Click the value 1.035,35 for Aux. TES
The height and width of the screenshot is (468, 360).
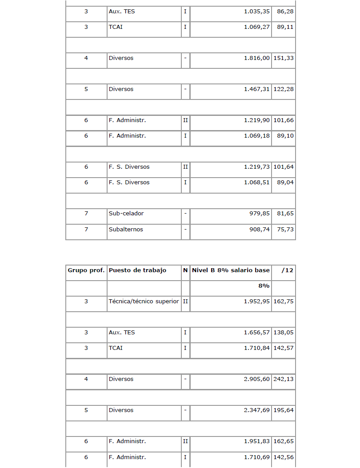click(257, 12)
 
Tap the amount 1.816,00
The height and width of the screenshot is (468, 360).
click(257, 58)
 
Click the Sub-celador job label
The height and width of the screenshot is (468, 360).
click(126, 214)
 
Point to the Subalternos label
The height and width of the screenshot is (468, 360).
click(126, 230)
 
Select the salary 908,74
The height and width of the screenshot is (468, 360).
click(260, 230)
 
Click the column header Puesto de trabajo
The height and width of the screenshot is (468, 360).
click(137, 270)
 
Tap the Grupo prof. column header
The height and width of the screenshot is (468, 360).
click(86, 270)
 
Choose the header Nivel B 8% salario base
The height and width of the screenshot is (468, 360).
click(231, 270)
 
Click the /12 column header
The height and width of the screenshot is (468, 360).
click(288, 270)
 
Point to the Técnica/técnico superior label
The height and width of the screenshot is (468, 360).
click(144, 301)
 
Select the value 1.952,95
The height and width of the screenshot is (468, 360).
click(257, 301)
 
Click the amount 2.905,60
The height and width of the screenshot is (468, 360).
click(257, 379)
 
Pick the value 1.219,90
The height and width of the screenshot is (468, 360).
click(257, 120)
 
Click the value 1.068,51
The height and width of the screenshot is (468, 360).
click(257, 182)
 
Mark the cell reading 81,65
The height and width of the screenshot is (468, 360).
click(285, 214)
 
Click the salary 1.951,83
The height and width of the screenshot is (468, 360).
click(257, 441)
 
